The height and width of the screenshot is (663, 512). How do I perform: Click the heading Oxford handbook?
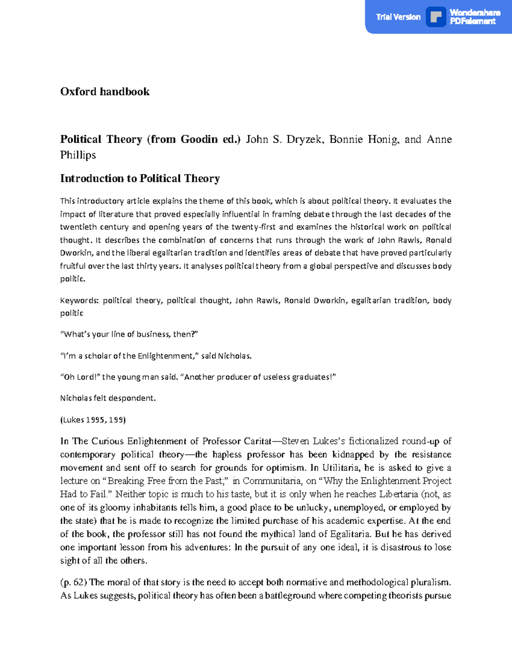105,92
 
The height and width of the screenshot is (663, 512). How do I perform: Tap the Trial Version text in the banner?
398,17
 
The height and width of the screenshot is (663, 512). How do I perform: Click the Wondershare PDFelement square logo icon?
436,17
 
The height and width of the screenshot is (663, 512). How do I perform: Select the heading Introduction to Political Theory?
140,178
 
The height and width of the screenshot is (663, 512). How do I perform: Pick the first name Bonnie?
347,140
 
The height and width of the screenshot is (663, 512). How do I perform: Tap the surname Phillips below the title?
78,155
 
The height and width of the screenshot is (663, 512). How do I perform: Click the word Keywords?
79,301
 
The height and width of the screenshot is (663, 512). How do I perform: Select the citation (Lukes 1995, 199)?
93,420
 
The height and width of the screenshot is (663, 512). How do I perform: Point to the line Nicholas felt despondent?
108,398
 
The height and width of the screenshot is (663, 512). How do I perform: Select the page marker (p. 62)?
74,582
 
